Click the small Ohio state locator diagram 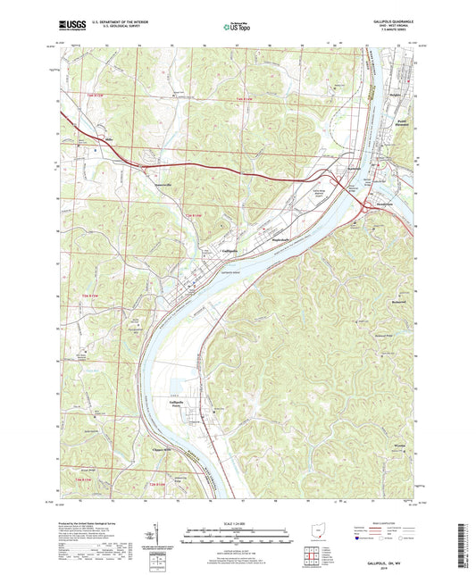click(x=323, y=533)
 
